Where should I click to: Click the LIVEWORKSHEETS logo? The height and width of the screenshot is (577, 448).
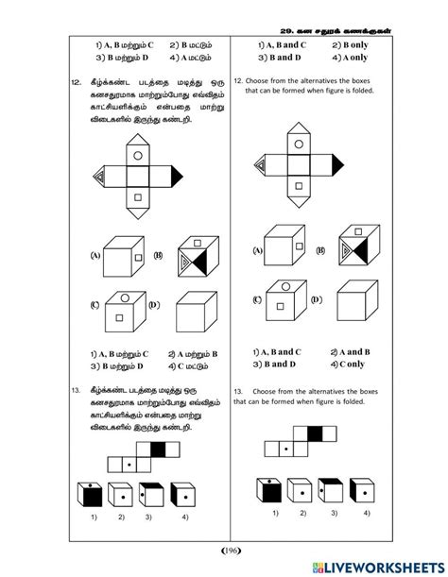point(382,563)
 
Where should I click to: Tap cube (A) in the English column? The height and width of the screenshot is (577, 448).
point(286,251)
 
